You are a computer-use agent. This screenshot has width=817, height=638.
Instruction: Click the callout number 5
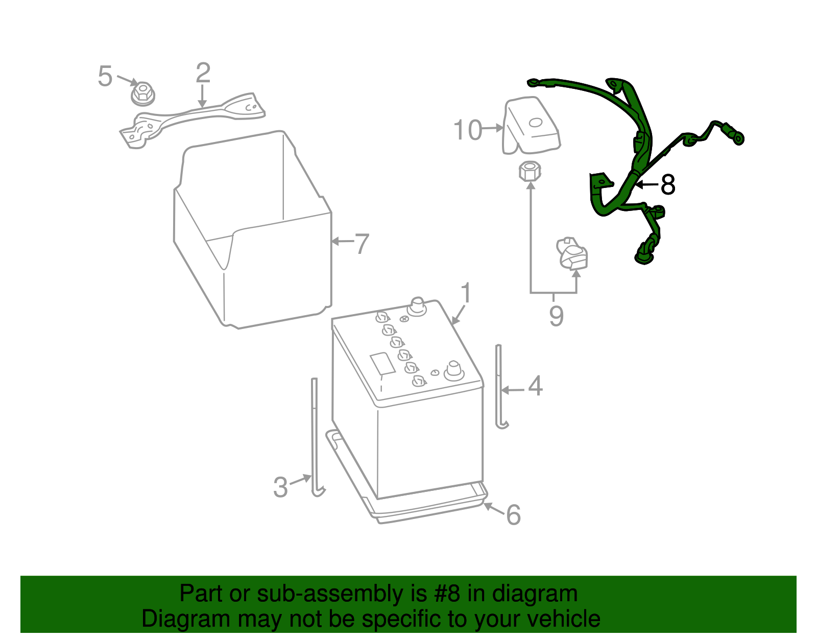pos(105,77)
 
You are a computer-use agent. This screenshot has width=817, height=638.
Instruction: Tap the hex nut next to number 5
pos(143,94)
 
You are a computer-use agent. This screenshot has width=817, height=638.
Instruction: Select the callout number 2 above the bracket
pos(203,73)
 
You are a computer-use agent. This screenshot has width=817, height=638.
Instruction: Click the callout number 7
pos(362,244)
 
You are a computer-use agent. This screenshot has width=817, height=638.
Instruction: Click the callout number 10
pos(467,130)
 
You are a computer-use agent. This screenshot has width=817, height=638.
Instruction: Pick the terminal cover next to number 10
pos(532,125)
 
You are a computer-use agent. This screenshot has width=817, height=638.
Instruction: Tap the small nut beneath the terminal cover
pos(530,171)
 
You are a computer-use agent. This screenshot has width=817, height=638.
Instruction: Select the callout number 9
pos(556,316)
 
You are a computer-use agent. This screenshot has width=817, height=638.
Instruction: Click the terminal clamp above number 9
pos(573,253)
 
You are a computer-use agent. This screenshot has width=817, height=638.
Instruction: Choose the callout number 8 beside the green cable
pos(667,185)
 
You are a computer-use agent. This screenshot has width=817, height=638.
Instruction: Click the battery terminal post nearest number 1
pos(417,306)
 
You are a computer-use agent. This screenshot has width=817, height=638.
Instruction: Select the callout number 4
pos(535,386)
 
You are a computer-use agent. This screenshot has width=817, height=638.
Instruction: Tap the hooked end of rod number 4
pos(503,424)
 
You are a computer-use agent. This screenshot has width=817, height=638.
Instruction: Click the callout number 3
pos(280,487)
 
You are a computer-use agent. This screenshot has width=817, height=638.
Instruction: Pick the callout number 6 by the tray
pos(513,514)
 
